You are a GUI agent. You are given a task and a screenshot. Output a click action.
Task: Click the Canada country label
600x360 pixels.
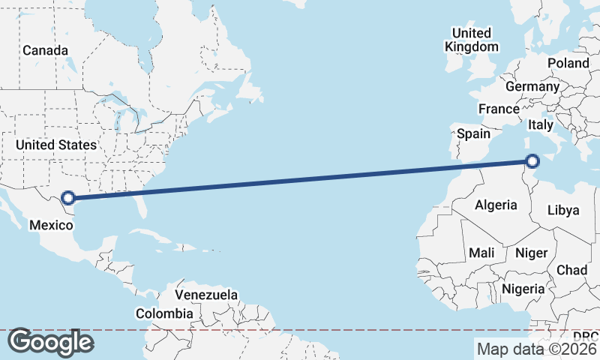click(45, 51)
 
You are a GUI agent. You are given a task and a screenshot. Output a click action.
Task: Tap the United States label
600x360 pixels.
click(56, 145)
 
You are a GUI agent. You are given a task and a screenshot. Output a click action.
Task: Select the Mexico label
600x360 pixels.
click(51, 224)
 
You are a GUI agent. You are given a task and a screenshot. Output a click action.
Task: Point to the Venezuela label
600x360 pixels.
click(206, 295)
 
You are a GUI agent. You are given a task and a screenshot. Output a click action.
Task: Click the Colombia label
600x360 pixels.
click(165, 313)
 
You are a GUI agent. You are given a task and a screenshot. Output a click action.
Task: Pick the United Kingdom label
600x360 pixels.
click(471, 40)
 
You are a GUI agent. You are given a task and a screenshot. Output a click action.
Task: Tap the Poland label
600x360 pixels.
click(568, 63)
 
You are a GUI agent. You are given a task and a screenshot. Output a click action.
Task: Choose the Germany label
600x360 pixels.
click(532, 86)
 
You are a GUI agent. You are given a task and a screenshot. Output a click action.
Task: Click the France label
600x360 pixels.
click(499, 109)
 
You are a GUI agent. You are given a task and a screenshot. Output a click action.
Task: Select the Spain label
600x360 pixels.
click(473, 134)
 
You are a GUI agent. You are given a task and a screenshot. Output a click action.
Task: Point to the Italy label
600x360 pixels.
click(541, 124)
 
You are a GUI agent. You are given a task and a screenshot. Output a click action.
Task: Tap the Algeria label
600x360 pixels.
click(496, 205)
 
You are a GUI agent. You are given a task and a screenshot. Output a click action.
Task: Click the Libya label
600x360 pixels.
click(563, 210)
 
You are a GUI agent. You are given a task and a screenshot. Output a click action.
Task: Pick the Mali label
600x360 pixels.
click(481, 253)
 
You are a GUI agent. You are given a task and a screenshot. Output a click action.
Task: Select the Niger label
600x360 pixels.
click(532, 253)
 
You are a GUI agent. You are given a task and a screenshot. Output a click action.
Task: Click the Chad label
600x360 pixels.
click(571, 270)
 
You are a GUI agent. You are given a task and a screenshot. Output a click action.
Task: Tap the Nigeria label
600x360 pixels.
click(523, 289)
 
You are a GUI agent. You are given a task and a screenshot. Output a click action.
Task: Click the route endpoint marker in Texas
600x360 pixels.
click(68, 198)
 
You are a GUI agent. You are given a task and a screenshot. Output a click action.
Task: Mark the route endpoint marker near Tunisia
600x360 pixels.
click(532, 160)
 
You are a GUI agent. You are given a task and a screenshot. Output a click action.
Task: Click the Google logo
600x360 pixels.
click(50, 342)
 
